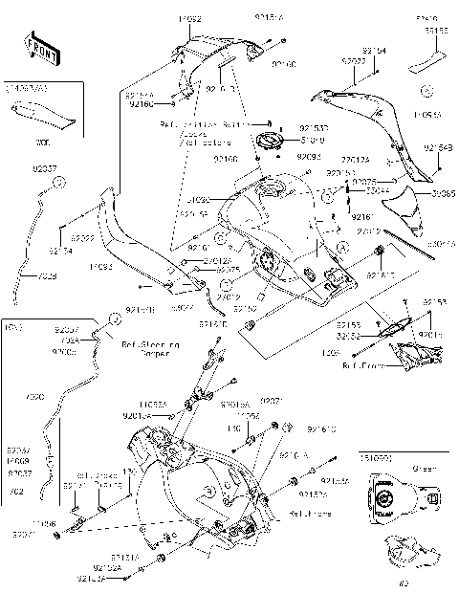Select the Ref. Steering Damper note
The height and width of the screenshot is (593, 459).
[x=150, y=345]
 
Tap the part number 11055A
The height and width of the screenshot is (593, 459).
[x=152, y=406]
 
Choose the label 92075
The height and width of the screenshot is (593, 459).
[x=228, y=271]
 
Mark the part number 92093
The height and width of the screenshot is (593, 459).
[x=308, y=155]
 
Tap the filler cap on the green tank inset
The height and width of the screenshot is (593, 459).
[x=382, y=501]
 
